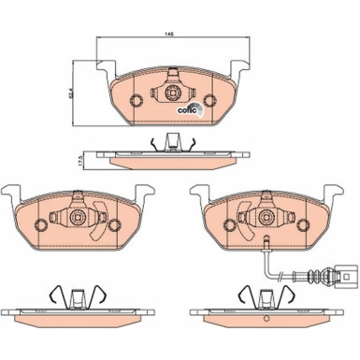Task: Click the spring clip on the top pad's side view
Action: pyautogui.click(x=172, y=142)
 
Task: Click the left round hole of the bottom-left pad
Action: pyautogui.click(x=41, y=224)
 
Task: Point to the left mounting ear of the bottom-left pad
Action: pyautogui.click(x=11, y=193)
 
